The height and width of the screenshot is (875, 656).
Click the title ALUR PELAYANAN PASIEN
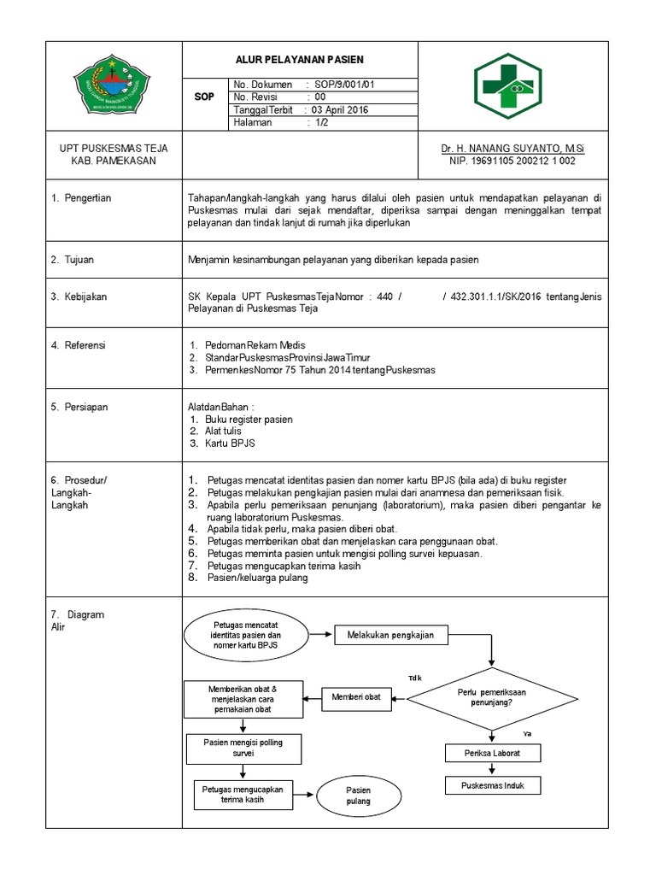[x=300, y=59]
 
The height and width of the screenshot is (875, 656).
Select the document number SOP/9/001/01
[x=345, y=85]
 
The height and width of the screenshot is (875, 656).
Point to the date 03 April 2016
[x=341, y=110]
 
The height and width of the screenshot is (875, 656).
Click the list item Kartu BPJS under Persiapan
[x=230, y=443]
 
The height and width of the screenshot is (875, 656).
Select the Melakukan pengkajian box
[x=389, y=635]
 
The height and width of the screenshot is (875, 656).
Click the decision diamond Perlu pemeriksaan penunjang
[x=491, y=696]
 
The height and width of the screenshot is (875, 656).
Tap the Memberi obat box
[x=356, y=697]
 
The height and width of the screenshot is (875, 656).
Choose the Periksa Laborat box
[x=491, y=753]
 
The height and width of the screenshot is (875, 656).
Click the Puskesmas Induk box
[x=491, y=785]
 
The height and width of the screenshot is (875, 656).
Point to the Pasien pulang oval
[x=358, y=796]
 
